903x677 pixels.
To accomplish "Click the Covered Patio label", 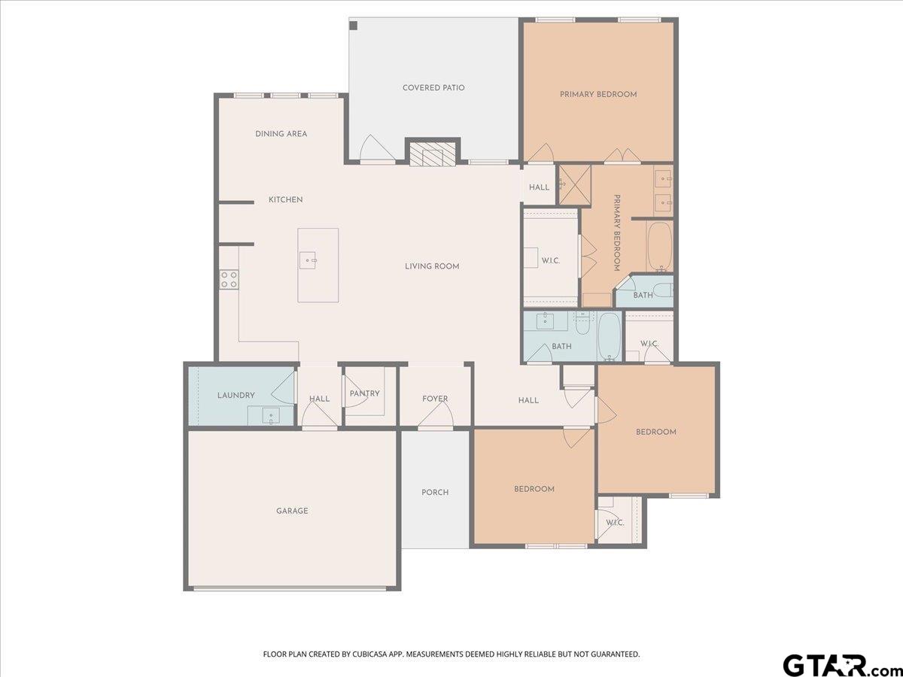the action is click(x=433, y=87).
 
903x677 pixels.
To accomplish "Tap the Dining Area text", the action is click(x=281, y=134).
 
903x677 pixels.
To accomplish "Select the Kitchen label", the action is click(x=285, y=199).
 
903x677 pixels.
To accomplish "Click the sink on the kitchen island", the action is click(x=308, y=260).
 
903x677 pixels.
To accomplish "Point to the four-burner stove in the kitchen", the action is click(x=229, y=279).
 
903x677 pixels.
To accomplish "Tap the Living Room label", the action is click(x=432, y=266).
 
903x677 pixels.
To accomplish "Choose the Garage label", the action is click(x=292, y=511).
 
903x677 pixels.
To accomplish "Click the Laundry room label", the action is click(x=236, y=395).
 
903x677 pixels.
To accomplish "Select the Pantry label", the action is click(x=364, y=393).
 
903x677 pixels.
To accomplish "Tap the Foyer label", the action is click(x=435, y=399).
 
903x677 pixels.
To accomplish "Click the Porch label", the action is click(x=435, y=492).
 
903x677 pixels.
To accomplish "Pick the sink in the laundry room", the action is click(x=271, y=415).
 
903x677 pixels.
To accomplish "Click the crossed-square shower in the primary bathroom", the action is click(x=575, y=184).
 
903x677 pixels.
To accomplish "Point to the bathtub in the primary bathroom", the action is click(x=659, y=247).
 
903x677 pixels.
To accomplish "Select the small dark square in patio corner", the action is click(x=354, y=26).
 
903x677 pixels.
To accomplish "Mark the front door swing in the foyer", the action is click(x=436, y=414).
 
